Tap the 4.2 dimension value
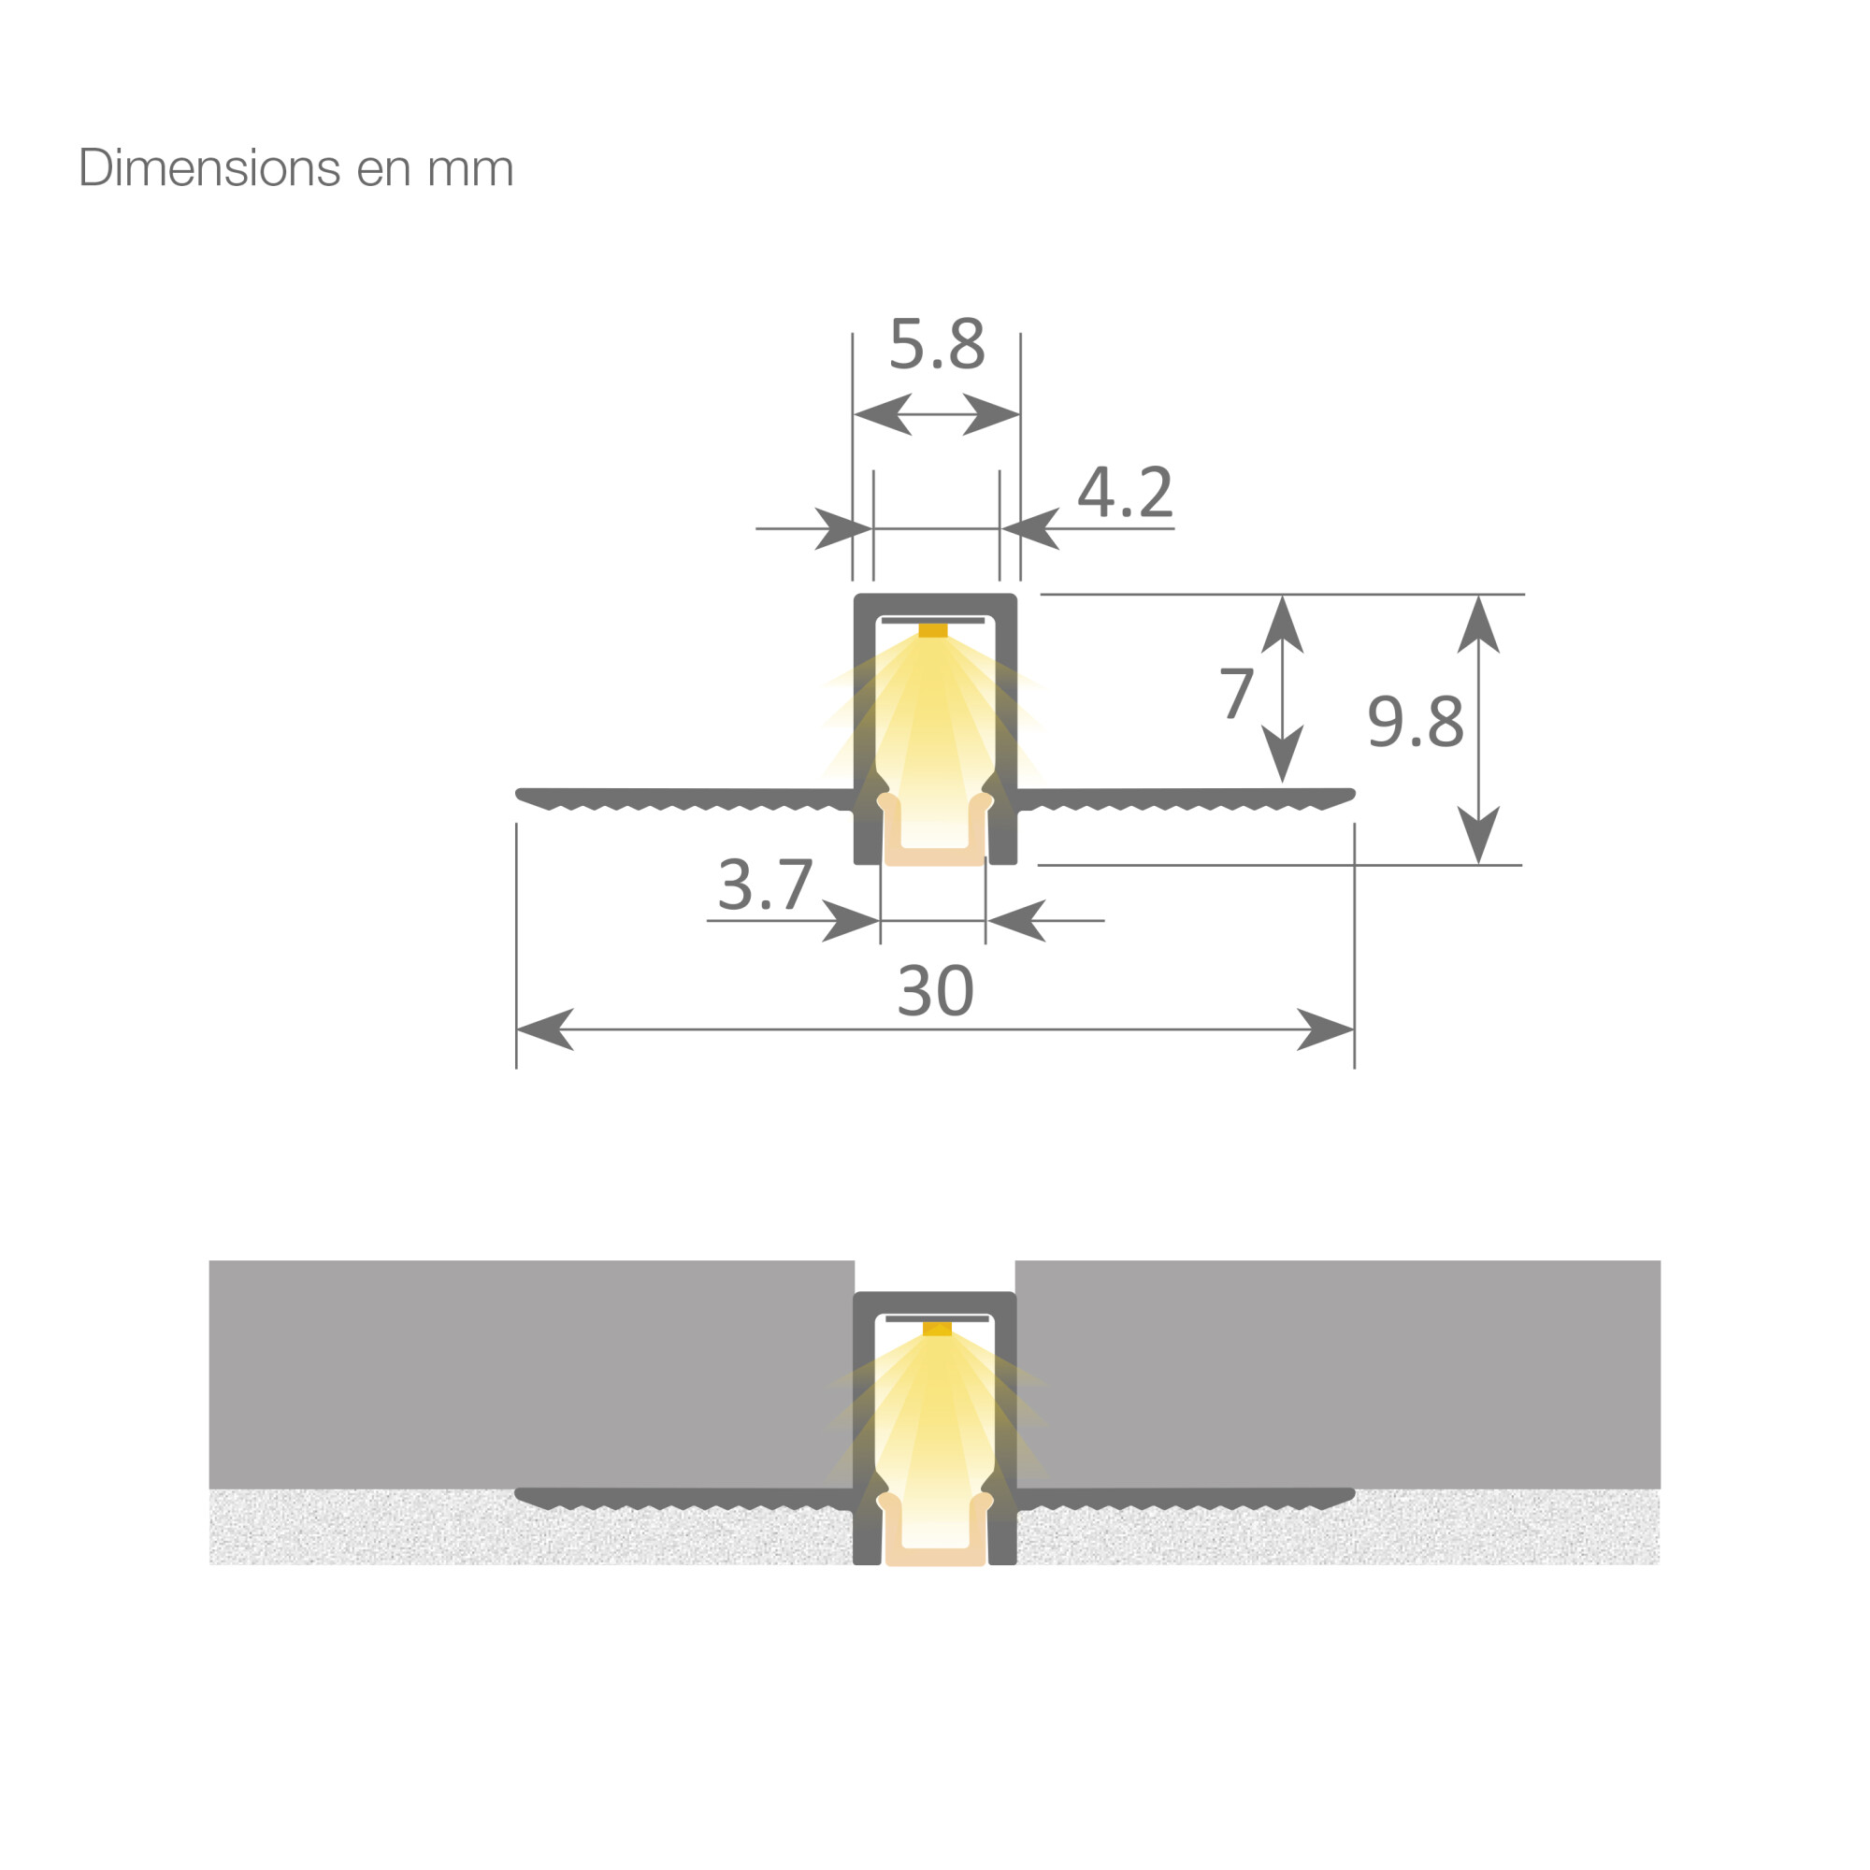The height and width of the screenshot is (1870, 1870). tap(1125, 493)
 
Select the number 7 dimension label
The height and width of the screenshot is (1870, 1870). tap(1236, 693)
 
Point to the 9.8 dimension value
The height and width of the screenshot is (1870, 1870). tap(1415, 721)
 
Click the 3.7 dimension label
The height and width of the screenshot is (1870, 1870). tap(765, 885)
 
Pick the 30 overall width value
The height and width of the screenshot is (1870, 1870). tap(935, 990)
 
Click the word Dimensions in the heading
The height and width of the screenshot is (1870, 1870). tap(209, 167)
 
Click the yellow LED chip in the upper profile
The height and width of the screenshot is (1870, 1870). tap(933, 631)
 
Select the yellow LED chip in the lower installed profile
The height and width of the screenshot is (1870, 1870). tap(937, 1329)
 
